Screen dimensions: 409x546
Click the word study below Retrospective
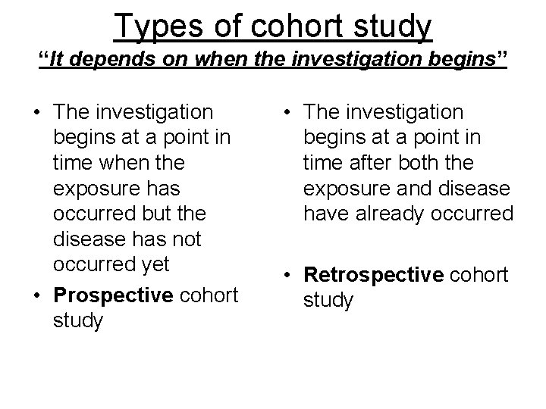[x=328, y=301]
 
